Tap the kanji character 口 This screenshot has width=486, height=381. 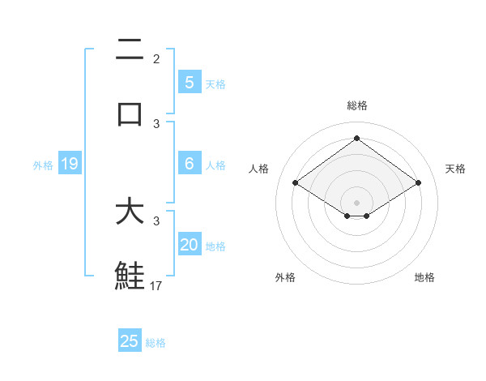(130, 113)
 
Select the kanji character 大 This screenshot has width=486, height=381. (130, 212)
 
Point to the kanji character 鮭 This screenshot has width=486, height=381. (130, 276)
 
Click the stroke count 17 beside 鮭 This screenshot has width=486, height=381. (156, 285)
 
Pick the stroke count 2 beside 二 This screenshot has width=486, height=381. (156, 59)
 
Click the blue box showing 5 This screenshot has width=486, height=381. (189, 82)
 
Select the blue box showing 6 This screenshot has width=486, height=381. (189, 164)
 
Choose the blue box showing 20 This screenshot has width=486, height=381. (189, 245)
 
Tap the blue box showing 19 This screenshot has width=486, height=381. (69, 165)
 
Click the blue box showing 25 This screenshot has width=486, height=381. (130, 341)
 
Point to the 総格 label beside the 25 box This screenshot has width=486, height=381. (156, 343)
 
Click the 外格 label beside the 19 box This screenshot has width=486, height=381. (43, 165)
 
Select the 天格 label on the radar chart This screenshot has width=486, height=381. (455, 169)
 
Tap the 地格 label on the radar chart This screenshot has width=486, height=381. (424, 277)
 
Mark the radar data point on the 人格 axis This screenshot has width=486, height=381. (295, 183)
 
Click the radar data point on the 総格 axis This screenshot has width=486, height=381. (356, 139)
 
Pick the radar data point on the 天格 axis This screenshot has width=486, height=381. (418, 183)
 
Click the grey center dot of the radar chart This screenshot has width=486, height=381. (356, 202)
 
